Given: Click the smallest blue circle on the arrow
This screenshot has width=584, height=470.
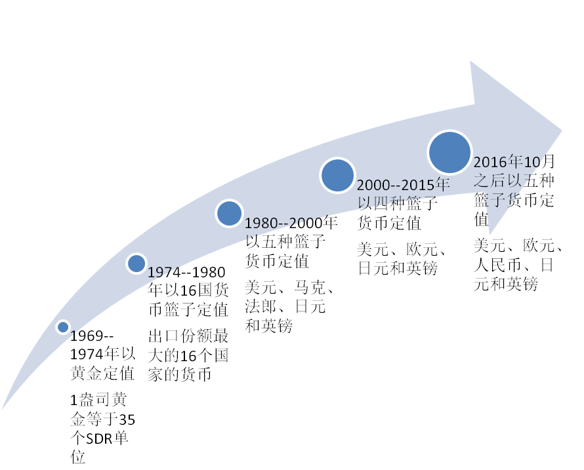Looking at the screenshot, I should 63,326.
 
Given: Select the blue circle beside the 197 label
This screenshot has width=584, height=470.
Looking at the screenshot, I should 136,264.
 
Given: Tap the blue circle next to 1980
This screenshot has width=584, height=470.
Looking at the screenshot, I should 229,213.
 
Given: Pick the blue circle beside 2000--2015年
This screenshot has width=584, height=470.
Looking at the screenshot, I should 337,175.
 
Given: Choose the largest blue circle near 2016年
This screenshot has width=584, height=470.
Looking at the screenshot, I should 449,152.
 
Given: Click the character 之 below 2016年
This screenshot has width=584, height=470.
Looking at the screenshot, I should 480,181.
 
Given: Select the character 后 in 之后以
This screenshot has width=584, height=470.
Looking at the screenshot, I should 496,181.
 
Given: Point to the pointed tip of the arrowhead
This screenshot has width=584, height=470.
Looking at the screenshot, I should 562,130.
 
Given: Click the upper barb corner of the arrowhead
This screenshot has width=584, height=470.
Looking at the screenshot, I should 470,62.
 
